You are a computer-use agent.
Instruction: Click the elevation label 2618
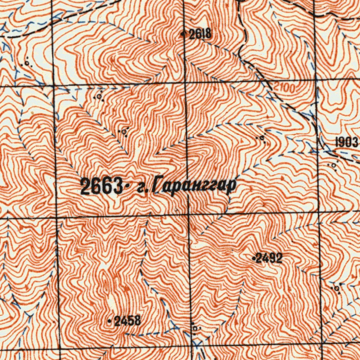coord(200,34)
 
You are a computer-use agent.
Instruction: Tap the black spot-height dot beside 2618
coord(183,34)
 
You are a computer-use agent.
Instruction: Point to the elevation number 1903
coord(347,142)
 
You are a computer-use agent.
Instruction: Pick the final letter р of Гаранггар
coord(230,188)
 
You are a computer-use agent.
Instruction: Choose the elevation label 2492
coord(269,258)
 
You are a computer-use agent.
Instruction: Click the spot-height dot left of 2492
coord(254,258)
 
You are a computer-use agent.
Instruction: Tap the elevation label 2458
coord(128,321)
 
